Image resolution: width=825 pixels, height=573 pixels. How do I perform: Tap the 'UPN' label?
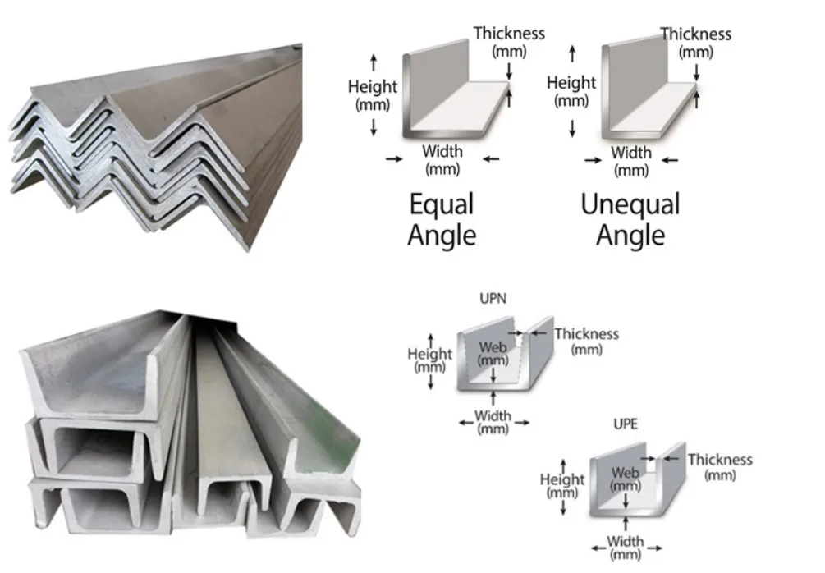(493, 300)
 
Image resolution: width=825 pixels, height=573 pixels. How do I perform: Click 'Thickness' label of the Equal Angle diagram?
(509, 33)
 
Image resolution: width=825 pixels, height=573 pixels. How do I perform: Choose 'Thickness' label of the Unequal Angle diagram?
(695, 34)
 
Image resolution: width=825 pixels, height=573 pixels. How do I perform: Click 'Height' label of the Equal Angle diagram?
(373, 86)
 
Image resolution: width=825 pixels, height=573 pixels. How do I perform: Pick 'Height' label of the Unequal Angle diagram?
(571, 82)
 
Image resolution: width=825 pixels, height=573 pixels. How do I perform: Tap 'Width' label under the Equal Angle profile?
(442, 151)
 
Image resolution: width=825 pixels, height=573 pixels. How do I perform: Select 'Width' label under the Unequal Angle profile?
(630, 152)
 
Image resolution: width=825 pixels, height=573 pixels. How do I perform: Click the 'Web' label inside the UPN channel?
(493, 347)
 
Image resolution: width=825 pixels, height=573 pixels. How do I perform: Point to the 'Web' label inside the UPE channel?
(626, 473)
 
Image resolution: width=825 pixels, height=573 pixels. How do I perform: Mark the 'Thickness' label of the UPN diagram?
(586, 334)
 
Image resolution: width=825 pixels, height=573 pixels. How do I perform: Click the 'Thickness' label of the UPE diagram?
(719, 460)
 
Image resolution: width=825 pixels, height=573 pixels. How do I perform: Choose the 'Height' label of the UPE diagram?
(562, 479)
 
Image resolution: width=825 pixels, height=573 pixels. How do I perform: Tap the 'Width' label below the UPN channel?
(493, 415)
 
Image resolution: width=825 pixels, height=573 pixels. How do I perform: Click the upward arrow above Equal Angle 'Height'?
(374, 60)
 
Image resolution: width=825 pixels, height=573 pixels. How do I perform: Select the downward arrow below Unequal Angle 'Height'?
(572, 127)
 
